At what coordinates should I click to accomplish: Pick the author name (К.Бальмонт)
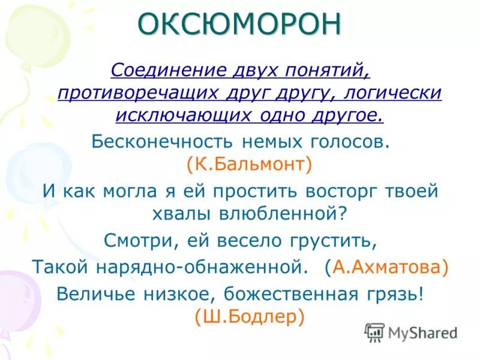pyautogui.click(x=249, y=164)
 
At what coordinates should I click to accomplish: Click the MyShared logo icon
pyautogui.click(x=374, y=332)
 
